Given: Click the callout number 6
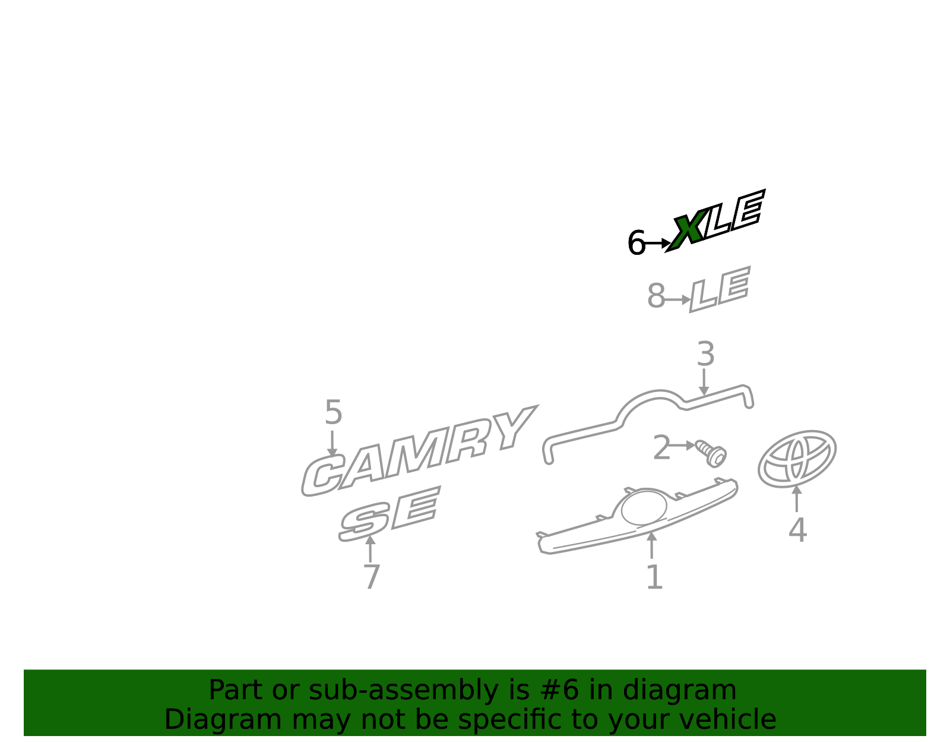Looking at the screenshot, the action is (x=636, y=242).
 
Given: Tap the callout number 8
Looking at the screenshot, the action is (x=655, y=296).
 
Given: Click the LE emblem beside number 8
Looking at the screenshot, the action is (x=720, y=289).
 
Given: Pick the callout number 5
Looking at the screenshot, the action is (x=333, y=412).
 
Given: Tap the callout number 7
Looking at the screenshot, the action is (x=371, y=577).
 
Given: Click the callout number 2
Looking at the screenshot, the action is (x=661, y=447).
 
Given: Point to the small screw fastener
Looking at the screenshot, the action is (x=711, y=453).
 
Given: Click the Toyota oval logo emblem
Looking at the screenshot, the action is (x=797, y=459).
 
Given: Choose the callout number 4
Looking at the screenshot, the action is (x=797, y=530).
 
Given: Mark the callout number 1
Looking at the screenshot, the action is (x=654, y=577).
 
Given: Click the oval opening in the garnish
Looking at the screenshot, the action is (x=644, y=507).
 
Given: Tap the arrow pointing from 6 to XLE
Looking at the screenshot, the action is (x=658, y=243).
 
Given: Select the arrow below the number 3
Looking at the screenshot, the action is (x=704, y=382).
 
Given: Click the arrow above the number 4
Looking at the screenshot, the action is (x=797, y=498).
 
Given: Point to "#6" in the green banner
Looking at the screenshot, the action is (x=559, y=690).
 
